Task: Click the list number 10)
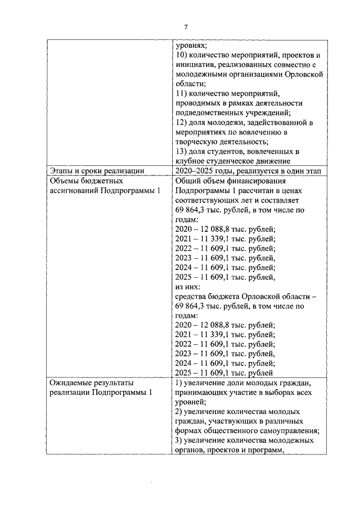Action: [182, 55]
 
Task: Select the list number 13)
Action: [182, 152]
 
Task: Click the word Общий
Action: [190, 182]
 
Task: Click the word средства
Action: [192, 296]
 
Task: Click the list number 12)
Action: [182, 123]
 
